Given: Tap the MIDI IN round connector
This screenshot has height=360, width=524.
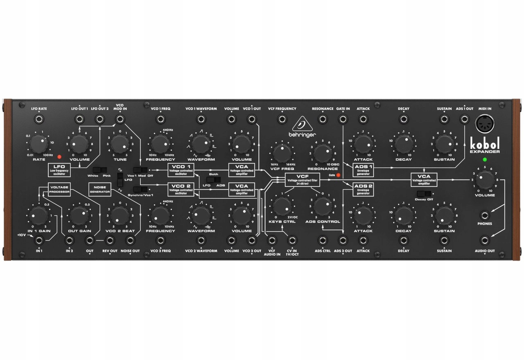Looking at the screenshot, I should pyautogui.click(x=485, y=123).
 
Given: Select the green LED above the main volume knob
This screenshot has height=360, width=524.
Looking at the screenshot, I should pyautogui.click(x=485, y=160).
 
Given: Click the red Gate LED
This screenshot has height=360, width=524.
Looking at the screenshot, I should pyautogui.click(x=338, y=175).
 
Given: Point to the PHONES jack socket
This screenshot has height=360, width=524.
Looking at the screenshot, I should pyautogui.click(x=485, y=215).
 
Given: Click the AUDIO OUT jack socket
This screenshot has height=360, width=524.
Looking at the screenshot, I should pyautogui.click(x=485, y=241).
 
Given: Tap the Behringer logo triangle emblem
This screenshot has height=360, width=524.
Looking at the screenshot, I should pyautogui.click(x=303, y=123).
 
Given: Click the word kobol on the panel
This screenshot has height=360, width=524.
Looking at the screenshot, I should pyautogui.click(x=484, y=144).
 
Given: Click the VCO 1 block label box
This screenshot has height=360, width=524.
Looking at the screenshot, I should pyautogui.click(x=181, y=170).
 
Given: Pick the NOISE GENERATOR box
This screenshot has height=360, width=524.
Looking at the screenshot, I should pyautogui.click(x=99, y=189).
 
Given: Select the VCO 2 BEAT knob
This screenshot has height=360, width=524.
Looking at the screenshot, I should pyautogui.click(x=120, y=215).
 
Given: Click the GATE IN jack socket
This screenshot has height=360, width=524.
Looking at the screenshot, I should pyautogui.click(x=343, y=119).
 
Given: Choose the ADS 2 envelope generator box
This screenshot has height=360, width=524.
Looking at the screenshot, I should pyautogui.click(x=363, y=189).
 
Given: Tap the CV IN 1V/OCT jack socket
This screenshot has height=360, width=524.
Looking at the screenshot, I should pyautogui.click(x=292, y=241).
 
